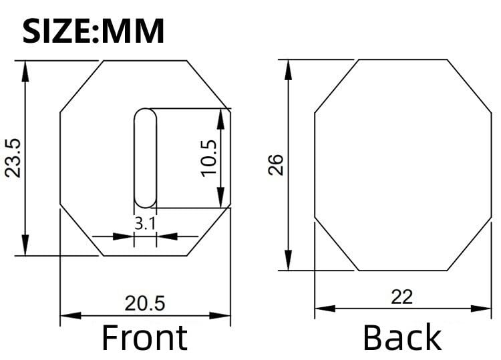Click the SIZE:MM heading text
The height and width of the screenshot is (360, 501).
(x=94, y=31)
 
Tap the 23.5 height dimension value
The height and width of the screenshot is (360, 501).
(x=13, y=158)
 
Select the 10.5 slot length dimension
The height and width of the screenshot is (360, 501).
(x=208, y=158)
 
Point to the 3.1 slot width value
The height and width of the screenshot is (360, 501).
(x=145, y=223)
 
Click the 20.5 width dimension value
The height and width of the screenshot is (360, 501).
(x=145, y=303)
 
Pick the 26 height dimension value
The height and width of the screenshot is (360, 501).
(x=275, y=164)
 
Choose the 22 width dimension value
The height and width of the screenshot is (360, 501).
(x=402, y=297)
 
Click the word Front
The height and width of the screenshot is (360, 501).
(x=145, y=337)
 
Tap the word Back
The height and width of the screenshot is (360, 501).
(x=403, y=337)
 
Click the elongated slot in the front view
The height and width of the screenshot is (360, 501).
(x=146, y=158)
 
